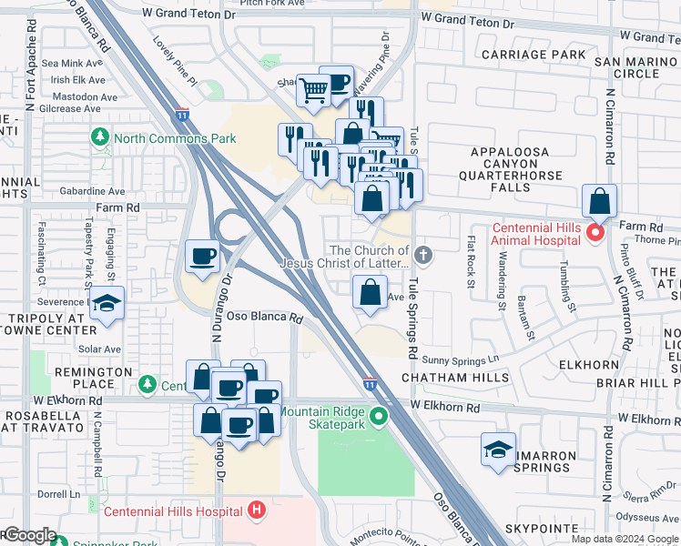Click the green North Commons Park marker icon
pyautogui.click(x=100, y=138)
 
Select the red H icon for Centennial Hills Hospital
pyautogui.click(x=258, y=511)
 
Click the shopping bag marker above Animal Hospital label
pyautogui.click(x=599, y=201)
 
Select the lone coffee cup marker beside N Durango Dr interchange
pyautogui.click(x=202, y=255)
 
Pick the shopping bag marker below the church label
pyautogui.click(x=370, y=292)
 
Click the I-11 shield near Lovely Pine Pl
pyautogui.click(x=182, y=115)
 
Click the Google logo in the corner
pyautogui.click(x=29, y=536)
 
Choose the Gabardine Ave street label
pyautogui.click(x=92, y=192)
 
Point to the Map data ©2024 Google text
pyautogui.click(x=624, y=539)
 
